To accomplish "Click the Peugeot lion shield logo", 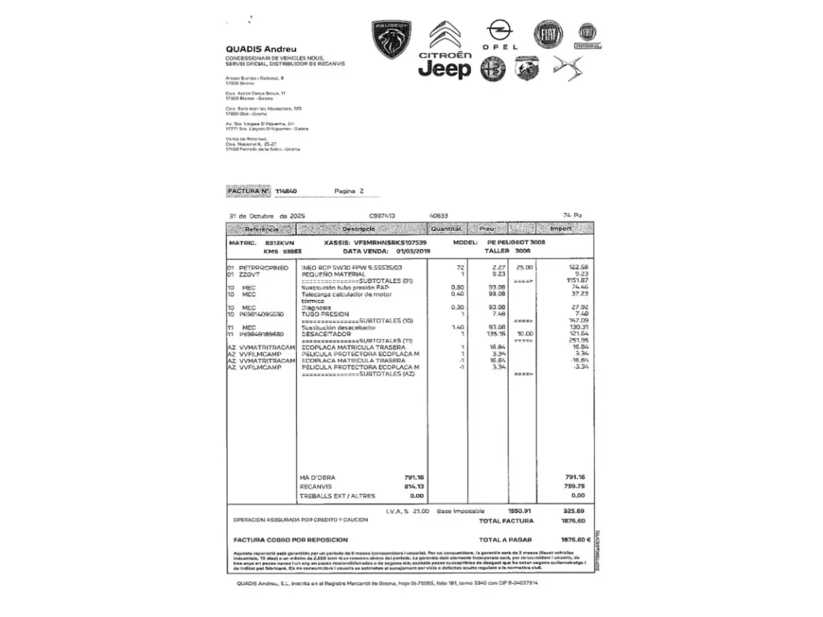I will point(392,39).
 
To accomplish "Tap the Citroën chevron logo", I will point(445,35).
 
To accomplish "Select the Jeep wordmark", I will point(445,69).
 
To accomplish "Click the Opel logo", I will point(500,34).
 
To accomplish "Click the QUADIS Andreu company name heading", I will point(261,49).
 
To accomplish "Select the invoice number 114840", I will point(286,191).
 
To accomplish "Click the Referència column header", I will point(261,229).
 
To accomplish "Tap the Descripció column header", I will point(359,229).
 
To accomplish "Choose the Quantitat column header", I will point(446,229).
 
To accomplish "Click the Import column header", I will point(561,229).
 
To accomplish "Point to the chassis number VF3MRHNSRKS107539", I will point(390,242).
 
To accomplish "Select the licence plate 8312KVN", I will point(280,243).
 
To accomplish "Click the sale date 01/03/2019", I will point(413,251).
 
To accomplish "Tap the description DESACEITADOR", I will point(326,334).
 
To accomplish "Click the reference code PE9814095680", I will point(261,314).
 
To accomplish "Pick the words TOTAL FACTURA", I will point(506,521).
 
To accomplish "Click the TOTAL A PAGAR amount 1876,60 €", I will point(576,540).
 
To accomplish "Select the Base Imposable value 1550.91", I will point(520,511).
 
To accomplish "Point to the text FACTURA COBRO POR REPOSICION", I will point(290,540).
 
